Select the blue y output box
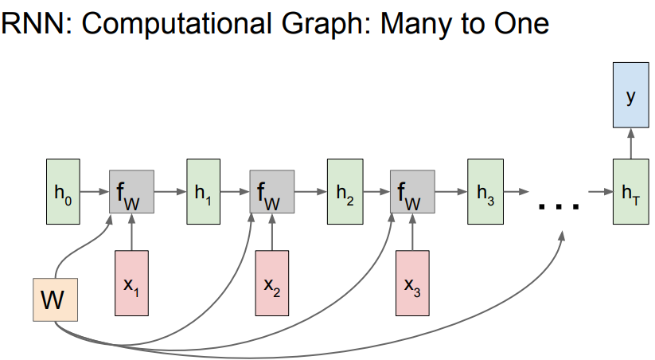coord(631,96)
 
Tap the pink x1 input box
coord(131,282)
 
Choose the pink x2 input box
coord(272,282)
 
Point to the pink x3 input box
coord(411,282)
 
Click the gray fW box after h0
coord(131,192)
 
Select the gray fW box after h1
coord(272,192)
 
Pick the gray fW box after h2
coord(411,192)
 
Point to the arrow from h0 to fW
coord(95,192)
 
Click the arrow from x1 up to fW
coord(131,232)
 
